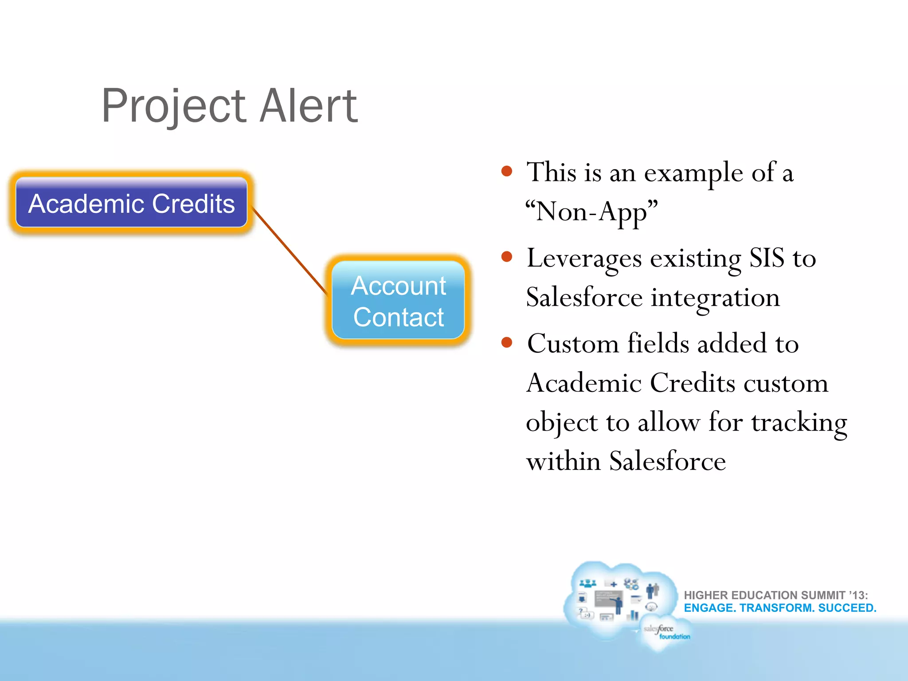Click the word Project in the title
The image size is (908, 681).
pos(173,106)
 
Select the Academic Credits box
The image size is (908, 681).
pos(131,203)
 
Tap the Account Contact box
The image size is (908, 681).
pos(398,301)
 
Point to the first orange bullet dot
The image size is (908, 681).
pos(507,172)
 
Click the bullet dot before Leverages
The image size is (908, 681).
pos(507,257)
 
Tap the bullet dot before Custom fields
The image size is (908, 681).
pos(507,343)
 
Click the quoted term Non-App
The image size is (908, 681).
pos(591,211)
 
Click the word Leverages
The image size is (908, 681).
pos(584,258)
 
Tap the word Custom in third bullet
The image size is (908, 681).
pos(572,344)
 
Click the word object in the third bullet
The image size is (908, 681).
pos(561,423)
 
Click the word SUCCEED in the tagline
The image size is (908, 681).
pos(847,608)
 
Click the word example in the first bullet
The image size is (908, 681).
pos(693,173)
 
